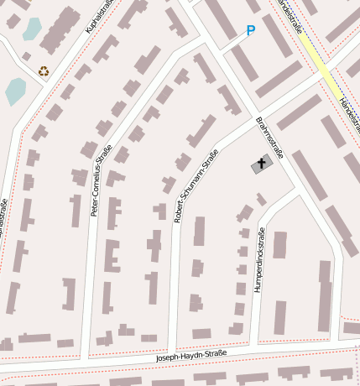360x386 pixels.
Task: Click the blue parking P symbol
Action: [250, 31]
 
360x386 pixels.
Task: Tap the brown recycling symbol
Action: [44, 71]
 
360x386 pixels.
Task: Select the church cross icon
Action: [262, 164]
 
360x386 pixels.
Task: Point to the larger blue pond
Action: [15, 91]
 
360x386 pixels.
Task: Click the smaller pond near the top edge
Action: [32, 29]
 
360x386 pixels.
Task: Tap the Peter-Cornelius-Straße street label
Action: [102, 181]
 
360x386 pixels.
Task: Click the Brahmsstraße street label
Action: [270, 138]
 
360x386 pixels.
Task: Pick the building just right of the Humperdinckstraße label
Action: [279, 245]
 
